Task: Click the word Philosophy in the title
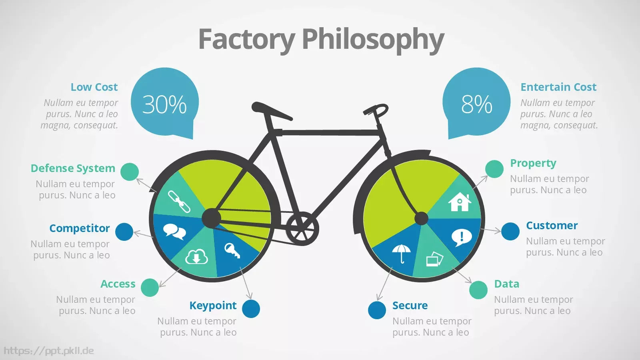click(373, 40)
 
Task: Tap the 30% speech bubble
click(165, 102)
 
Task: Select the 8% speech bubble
click(476, 102)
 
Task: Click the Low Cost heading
click(94, 87)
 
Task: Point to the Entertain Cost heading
click(558, 87)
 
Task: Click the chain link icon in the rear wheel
click(179, 202)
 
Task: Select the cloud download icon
click(196, 256)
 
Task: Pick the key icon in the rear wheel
click(232, 250)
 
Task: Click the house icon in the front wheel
click(460, 202)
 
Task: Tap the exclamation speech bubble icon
click(462, 238)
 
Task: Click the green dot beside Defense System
click(130, 172)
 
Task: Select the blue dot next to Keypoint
click(251, 308)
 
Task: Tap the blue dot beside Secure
click(377, 310)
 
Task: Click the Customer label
click(552, 226)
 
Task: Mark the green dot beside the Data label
click(478, 290)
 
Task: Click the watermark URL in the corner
click(49, 350)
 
